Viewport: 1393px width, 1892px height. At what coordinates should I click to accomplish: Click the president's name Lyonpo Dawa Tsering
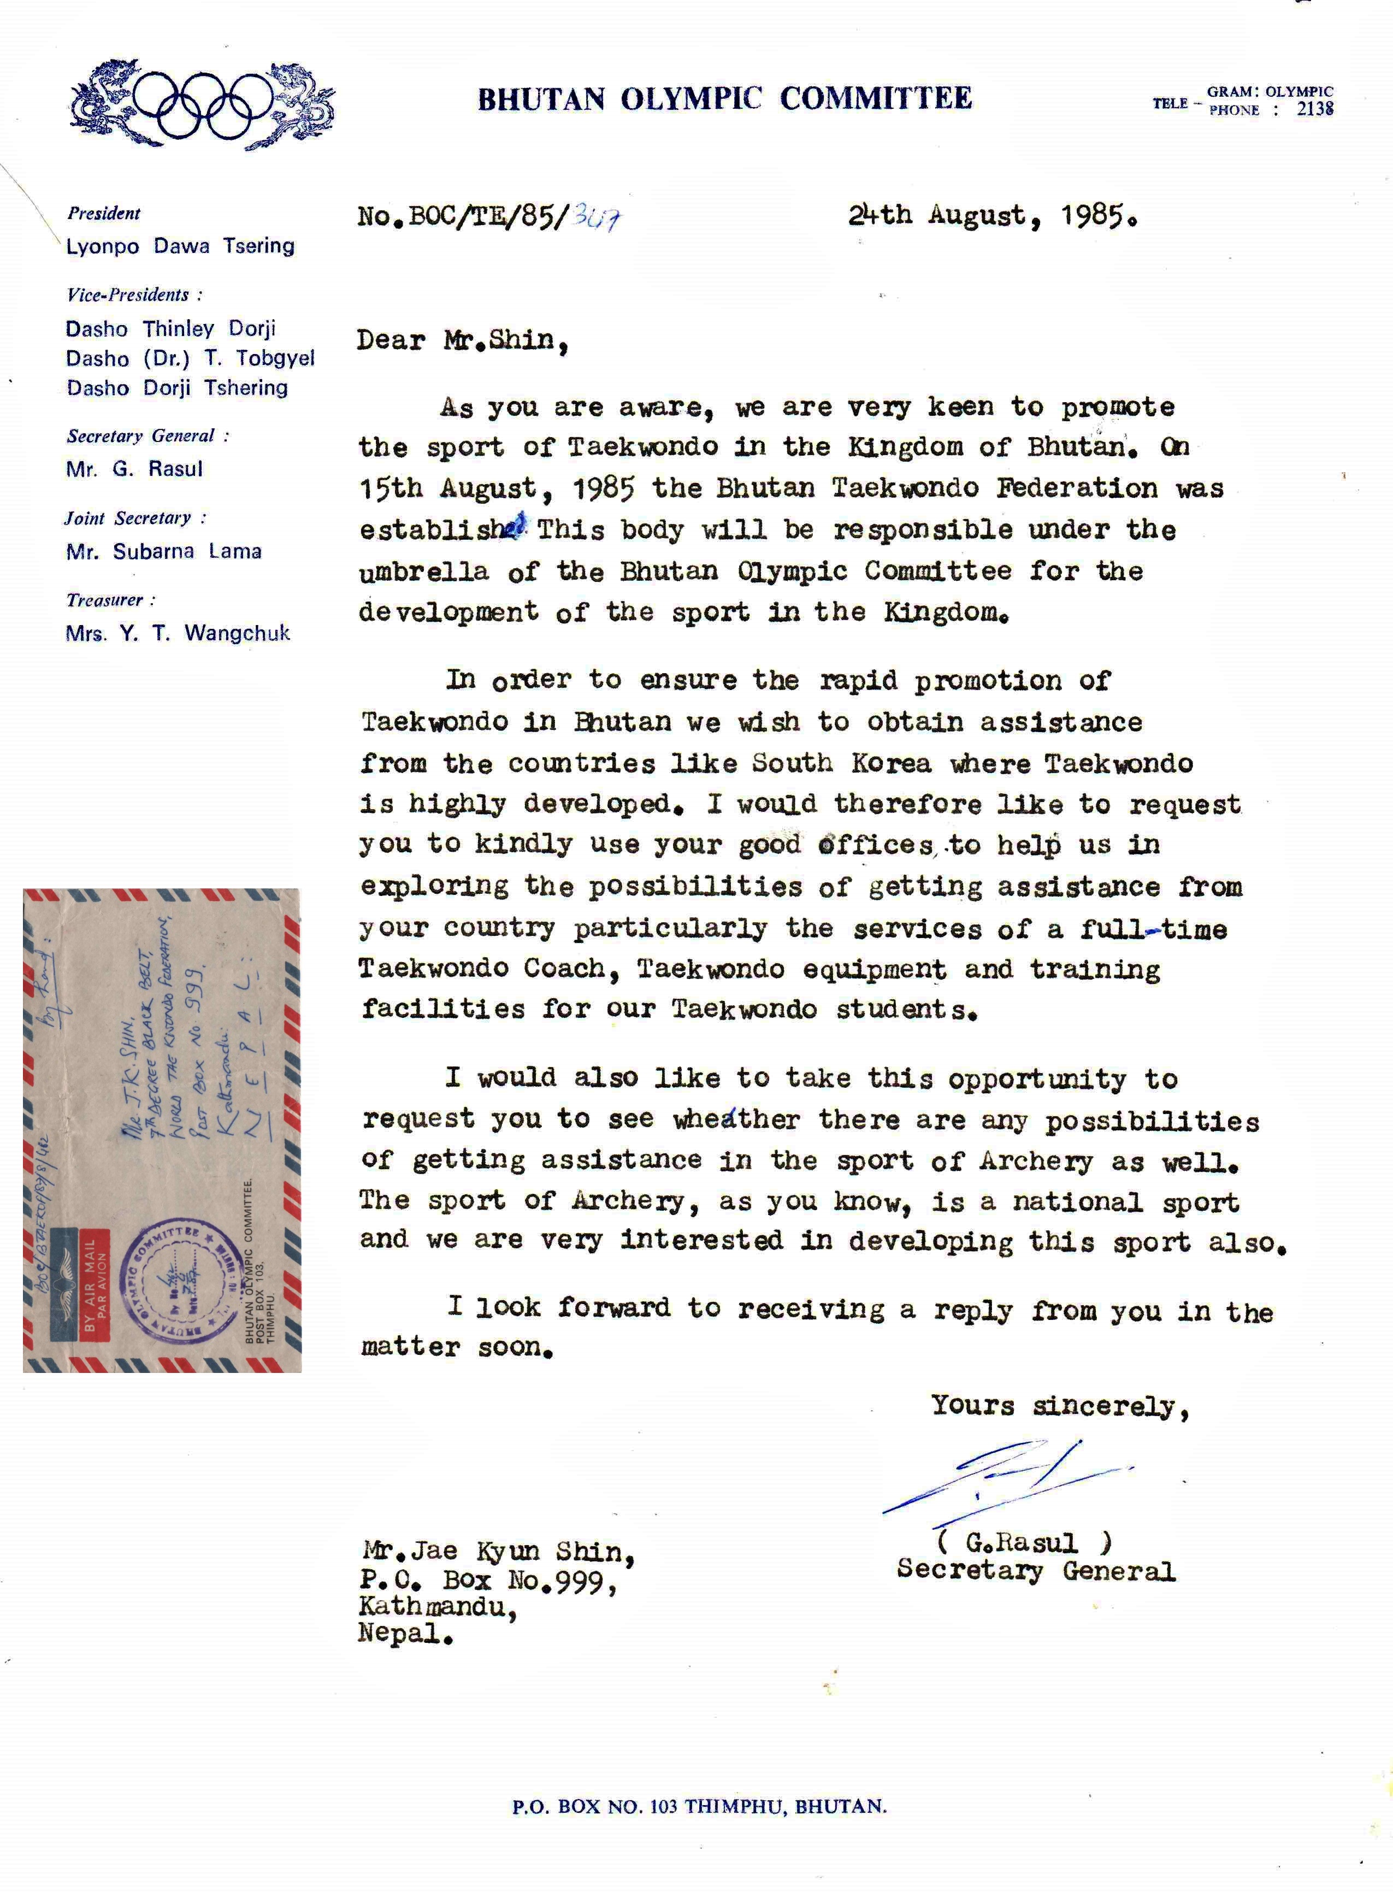(180, 246)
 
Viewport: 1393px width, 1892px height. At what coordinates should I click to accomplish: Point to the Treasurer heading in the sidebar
(110, 600)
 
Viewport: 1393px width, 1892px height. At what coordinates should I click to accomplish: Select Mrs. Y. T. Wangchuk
(178, 633)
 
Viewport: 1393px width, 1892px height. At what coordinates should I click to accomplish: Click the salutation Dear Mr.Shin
(462, 340)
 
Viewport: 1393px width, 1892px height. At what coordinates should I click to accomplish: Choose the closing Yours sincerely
(1060, 1406)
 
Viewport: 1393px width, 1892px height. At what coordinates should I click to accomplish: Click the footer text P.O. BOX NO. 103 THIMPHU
(699, 1807)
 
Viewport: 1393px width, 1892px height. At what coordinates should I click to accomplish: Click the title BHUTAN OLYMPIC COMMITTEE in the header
(724, 99)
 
